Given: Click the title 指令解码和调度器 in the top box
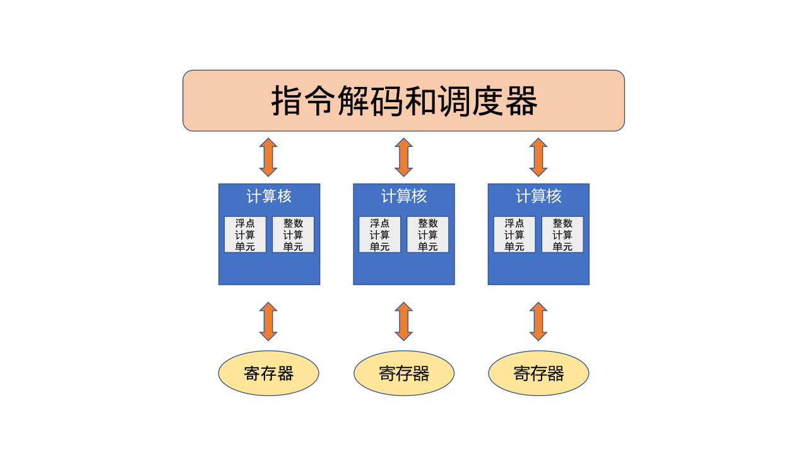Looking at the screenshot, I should [x=404, y=101].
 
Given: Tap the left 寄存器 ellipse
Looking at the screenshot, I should [x=268, y=373].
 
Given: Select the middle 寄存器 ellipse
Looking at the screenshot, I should [x=404, y=373].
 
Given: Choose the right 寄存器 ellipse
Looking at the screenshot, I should [x=538, y=373].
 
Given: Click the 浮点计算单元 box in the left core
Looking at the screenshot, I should [x=245, y=235].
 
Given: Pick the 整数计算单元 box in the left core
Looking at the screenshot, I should [x=293, y=235].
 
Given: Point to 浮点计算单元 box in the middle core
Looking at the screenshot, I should [x=379, y=235].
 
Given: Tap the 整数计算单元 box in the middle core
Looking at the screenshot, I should [x=427, y=235].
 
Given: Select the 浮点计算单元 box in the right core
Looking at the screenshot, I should [x=514, y=235].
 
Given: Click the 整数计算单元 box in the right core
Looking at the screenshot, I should [x=562, y=235].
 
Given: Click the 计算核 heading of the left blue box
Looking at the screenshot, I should [x=269, y=196].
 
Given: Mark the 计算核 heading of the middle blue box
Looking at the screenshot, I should [x=404, y=196].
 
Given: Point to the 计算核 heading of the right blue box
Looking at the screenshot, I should [x=538, y=196].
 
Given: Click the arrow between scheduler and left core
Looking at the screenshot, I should [x=268, y=157].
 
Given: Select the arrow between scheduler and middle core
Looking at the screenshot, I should [x=404, y=157].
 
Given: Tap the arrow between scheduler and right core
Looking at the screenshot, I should [x=538, y=157].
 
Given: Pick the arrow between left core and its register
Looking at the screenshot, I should [x=268, y=322].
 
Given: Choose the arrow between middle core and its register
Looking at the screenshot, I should [x=404, y=322].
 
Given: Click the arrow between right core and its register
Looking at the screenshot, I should [x=538, y=322].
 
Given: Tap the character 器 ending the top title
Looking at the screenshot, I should [x=521, y=101].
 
